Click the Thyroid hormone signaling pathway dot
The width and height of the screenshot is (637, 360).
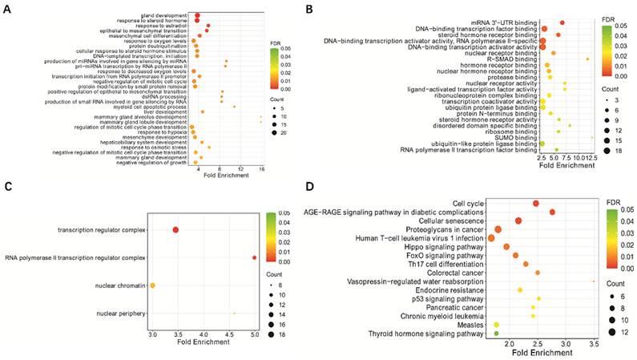pyautogui.click(x=496, y=333)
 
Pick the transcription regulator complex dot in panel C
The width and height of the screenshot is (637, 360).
pyautogui.click(x=175, y=231)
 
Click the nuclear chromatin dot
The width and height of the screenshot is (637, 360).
pyautogui.click(x=152, y=285)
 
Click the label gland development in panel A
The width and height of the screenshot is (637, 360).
pyautogui.click(x=159, y=16)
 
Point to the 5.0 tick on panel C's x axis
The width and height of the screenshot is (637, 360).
pyautogui.click(x=254, y=332)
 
